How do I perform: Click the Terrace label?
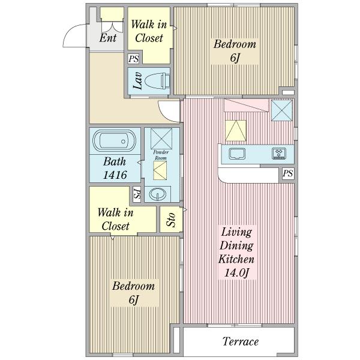click(x=241, y=341)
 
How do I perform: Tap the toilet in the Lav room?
click(x=157, y=81)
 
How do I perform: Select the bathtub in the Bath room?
click(x=115, y=141)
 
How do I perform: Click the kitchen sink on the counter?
click(x=237, y=154)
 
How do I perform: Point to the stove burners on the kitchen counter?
click(x=279, y=154)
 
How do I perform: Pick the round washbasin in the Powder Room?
click(x=157, y=194)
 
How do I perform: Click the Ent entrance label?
click(x=108, y=38)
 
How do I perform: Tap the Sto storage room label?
click(x=171, y=220)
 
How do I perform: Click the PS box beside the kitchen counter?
click(x=288, y=173)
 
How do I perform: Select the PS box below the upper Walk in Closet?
click(x=134, y=59)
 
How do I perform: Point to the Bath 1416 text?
click(x=115, y=168)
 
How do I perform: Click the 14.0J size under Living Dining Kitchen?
click(x=237, y=273)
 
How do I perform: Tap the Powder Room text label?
click(x=161, y=155)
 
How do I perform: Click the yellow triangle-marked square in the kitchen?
click(x=236, y=131)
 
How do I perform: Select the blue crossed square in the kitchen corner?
click(x=282, y=110)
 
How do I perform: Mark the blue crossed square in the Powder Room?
click(x=161, y=139)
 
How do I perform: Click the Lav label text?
click(x=138, y=81)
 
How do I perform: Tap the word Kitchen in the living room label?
click(x=236, y=259)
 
